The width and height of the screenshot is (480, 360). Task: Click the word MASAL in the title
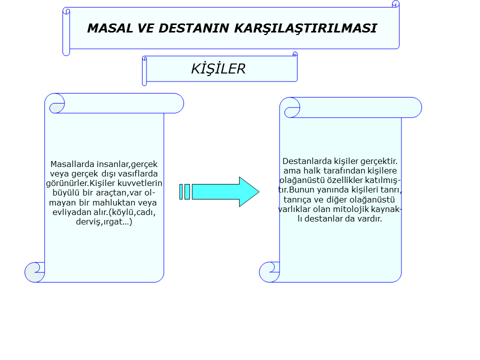click(110, 28)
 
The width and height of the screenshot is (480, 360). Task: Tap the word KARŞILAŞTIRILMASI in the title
click(305, 28)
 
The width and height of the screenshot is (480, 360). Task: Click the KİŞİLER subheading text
click(218, 68)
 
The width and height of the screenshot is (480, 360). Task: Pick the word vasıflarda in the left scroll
click(140, 173)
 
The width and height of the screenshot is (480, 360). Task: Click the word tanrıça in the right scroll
click(296, 199)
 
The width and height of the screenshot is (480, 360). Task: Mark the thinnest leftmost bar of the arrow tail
click(181, 192)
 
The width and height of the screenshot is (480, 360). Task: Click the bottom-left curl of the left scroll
click(34, 272)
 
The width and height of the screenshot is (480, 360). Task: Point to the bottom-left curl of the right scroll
click(269, 272)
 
